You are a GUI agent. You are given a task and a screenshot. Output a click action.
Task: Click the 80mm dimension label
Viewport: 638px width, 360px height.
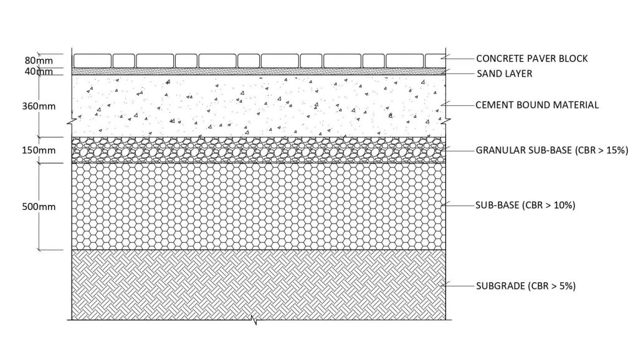point(39,60)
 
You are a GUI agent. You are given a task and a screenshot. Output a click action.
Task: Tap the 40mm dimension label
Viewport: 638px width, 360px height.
point(39,72)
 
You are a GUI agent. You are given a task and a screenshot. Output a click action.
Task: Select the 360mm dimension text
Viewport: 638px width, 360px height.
point(39,106)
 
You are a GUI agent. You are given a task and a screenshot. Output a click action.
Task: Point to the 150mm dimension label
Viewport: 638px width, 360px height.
point(39,150)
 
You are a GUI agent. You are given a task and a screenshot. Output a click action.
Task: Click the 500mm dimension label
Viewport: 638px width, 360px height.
point(39,207)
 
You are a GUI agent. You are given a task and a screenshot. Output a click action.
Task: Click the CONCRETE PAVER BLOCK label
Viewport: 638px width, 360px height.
point(532,59)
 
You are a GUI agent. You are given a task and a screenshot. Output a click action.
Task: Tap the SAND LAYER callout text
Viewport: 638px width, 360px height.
point(505,73)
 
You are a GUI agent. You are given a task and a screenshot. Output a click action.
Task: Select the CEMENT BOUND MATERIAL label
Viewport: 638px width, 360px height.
point(537,105)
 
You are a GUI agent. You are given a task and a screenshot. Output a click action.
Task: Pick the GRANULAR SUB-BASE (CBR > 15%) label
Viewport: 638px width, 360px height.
point(552,150)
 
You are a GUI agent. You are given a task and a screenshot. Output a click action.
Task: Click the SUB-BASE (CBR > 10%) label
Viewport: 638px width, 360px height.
point(525,205)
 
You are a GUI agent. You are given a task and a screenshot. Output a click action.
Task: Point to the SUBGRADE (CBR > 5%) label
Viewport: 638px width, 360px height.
point(526,286)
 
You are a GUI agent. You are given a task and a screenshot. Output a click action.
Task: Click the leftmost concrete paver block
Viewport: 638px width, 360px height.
point(92,61)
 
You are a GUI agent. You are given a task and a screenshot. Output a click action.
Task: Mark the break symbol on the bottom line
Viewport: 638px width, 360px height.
point(255,320)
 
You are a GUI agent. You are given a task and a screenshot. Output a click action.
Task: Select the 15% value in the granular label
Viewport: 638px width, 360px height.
point(614,150)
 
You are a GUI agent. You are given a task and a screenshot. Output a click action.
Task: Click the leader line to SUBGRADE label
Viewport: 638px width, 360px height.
point(460,286)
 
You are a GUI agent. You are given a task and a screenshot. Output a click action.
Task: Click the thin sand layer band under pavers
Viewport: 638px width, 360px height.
point(259,72)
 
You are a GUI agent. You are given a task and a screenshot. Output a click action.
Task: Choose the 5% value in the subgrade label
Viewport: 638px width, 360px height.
point(564,286)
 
